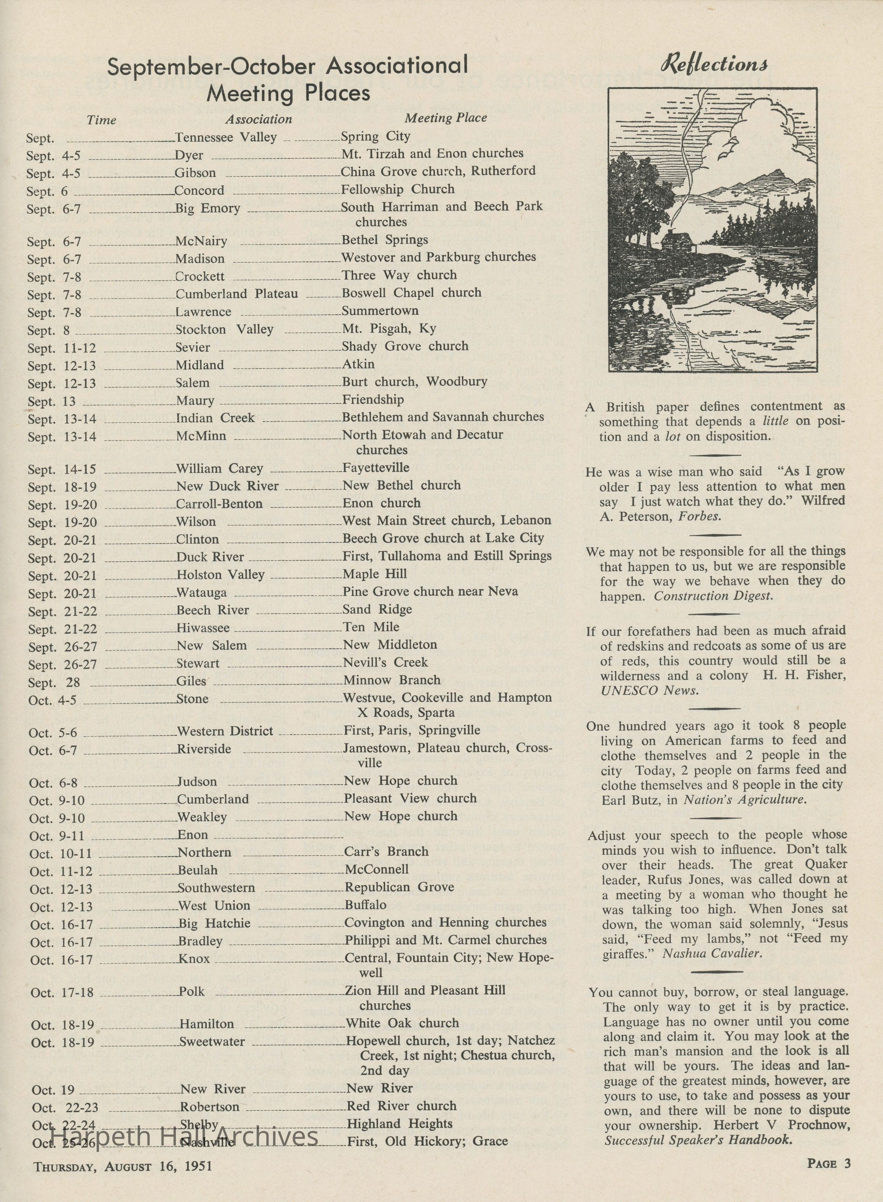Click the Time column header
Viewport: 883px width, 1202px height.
coord(101,120)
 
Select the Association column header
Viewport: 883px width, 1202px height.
coord(259,119)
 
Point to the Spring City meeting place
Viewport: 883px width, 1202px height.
coord(375,136)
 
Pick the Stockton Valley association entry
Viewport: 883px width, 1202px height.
coord(224,330)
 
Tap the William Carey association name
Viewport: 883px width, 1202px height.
coord(220,469)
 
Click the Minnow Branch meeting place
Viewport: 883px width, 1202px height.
coord(392,680)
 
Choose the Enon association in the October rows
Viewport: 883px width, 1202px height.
coord(192,835)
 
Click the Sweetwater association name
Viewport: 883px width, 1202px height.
coord(212,1042)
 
